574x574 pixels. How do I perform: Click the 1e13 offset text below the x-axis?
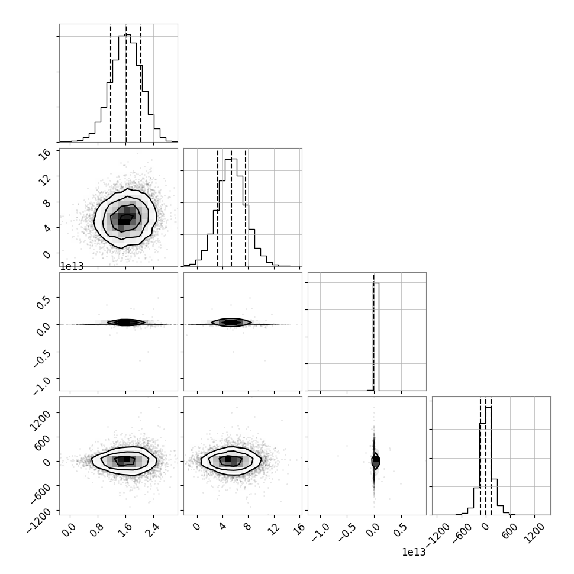click(414, 553)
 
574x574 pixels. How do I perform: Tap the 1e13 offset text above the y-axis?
click(72, 266)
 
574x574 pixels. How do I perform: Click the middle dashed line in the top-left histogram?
click(126, 83)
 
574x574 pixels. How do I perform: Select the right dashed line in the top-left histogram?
click(141, 83)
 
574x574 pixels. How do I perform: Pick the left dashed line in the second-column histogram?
click(217, 207)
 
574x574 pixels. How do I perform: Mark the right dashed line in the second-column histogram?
click(246, 207)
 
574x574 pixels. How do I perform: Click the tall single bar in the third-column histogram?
click(376, 337)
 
